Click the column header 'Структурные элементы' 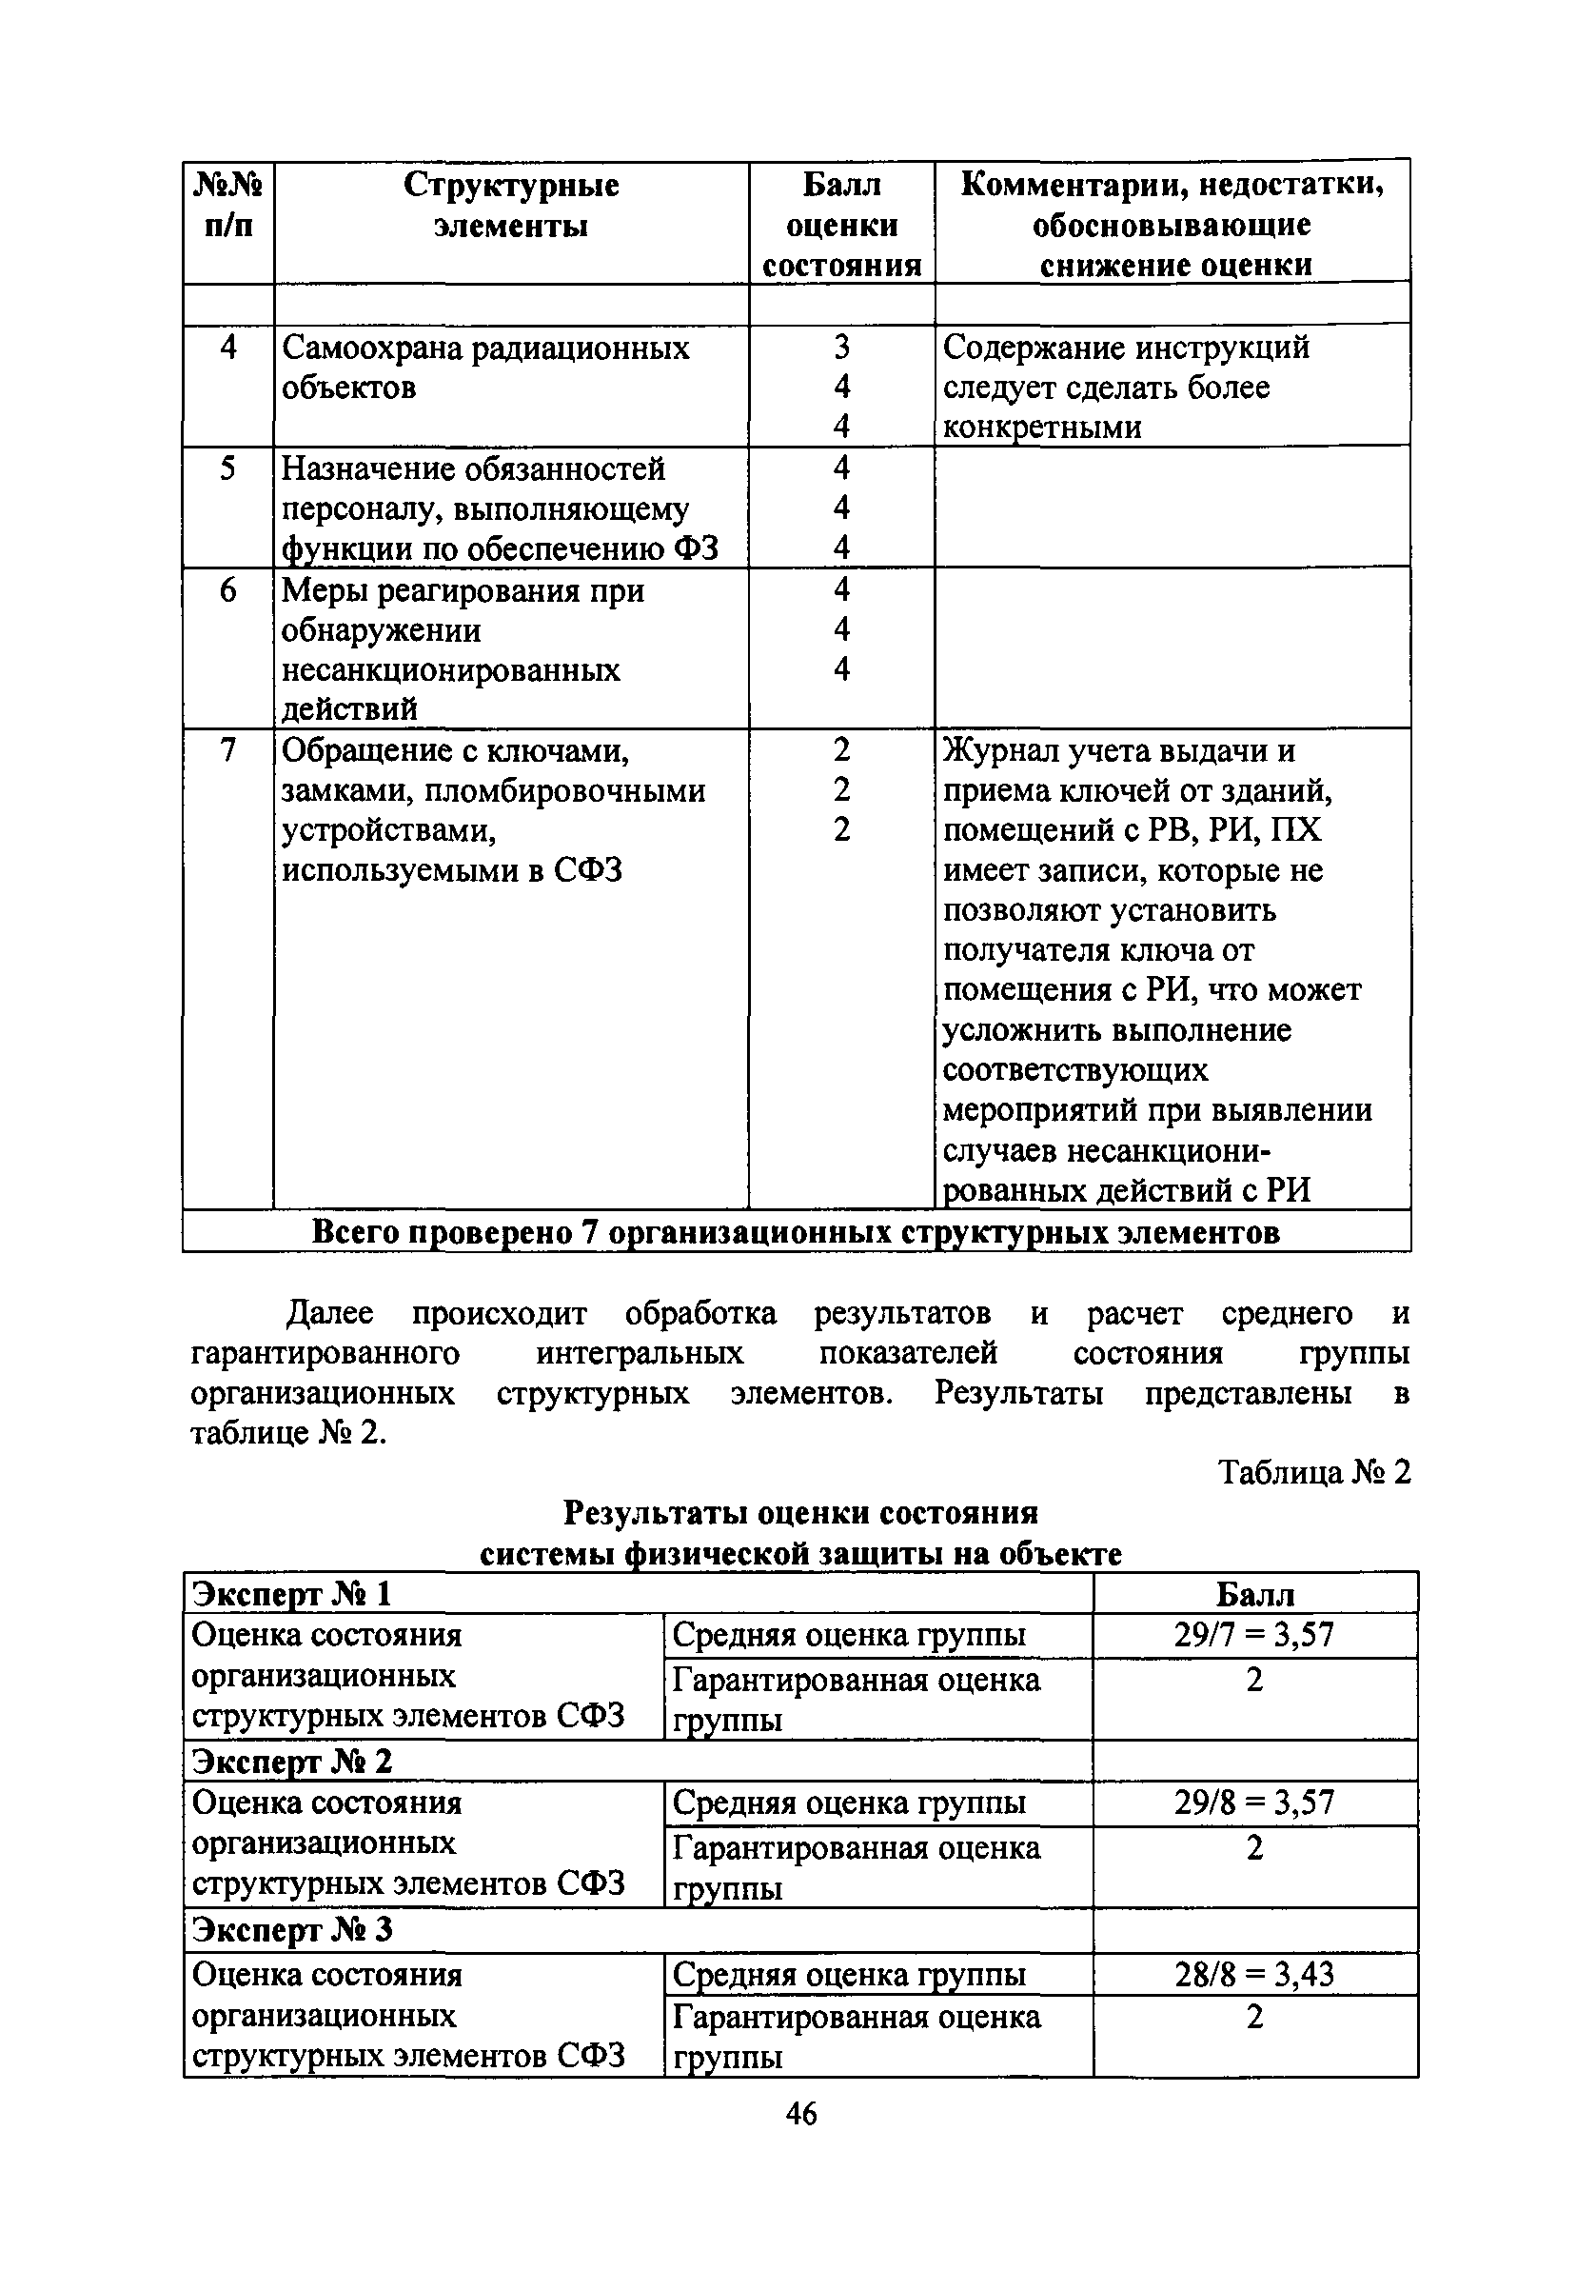point(510,206)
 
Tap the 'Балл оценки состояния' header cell point(841,225)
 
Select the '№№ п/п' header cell point(228,206)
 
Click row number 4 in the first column point(228,348)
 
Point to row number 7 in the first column point(228,750)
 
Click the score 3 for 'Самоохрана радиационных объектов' point(841,348)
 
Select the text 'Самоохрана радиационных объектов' point(484,367)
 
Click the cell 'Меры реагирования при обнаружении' point(463,610)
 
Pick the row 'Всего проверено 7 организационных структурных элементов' point(796,1231)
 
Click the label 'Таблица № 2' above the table point(1314,1473)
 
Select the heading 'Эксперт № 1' point(293,1593)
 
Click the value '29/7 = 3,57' point(1253,1635)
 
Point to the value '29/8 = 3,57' point(1253,1803)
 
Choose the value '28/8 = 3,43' point(1253,1974)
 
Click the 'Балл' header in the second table point(1253,1593)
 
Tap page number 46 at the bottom point(801,2114)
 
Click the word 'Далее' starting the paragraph point(329,1313)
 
